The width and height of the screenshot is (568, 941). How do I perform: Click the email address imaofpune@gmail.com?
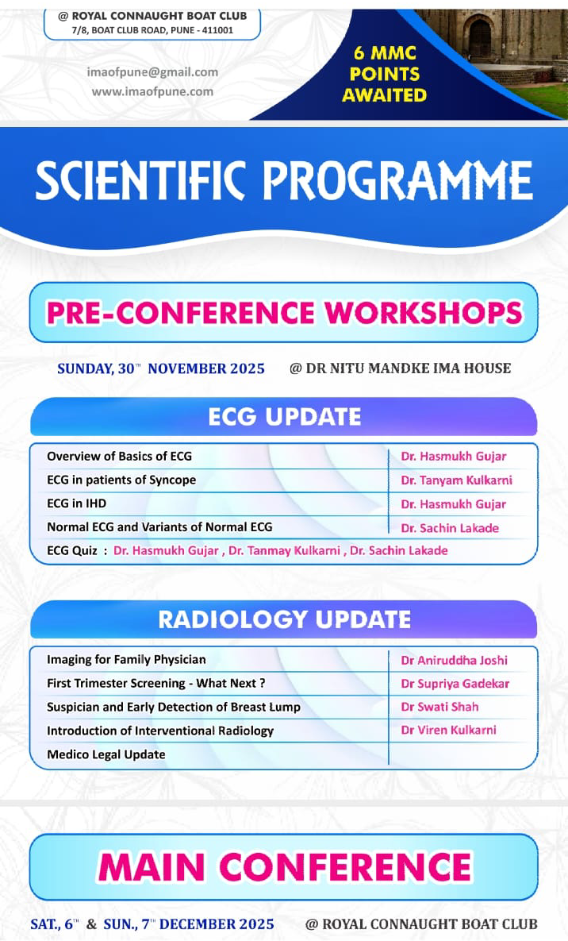(x=152, y=72)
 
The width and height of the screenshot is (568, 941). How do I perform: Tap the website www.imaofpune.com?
(x=152, y=92)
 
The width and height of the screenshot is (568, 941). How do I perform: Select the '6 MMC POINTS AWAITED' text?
(x=385, y=74)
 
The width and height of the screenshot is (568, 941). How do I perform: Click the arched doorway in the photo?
(x=480, y=37)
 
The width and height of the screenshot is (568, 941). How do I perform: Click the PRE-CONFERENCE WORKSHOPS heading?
(x=284, y=313)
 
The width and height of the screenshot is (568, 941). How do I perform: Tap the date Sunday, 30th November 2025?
(x=161, y=368)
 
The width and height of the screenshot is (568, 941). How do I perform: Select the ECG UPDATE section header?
(x=284, y=416)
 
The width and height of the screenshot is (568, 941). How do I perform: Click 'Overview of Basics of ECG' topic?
(x=119, y=456)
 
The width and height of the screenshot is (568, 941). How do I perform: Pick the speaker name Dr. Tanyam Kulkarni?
(x=456, y=480)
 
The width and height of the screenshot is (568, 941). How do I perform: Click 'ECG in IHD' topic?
(x=76, y=503)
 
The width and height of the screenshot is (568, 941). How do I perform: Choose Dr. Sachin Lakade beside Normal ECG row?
(x=450, y=528)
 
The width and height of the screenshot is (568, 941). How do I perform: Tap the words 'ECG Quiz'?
(x=72, y=551)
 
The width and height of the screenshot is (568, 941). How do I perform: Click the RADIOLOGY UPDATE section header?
(x=284, y=619)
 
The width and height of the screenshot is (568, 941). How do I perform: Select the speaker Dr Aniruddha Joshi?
(x=454, y=661)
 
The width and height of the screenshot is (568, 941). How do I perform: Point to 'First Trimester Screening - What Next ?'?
(x=156, y=684)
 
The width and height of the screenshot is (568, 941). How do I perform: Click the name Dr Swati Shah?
(x=439, y=707)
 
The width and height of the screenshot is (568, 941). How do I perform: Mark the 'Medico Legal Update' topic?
(x=106, y=754)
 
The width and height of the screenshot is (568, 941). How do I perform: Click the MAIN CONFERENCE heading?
(x=285, y=867)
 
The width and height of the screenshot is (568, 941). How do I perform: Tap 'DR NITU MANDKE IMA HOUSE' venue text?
(x=409, y=368)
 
